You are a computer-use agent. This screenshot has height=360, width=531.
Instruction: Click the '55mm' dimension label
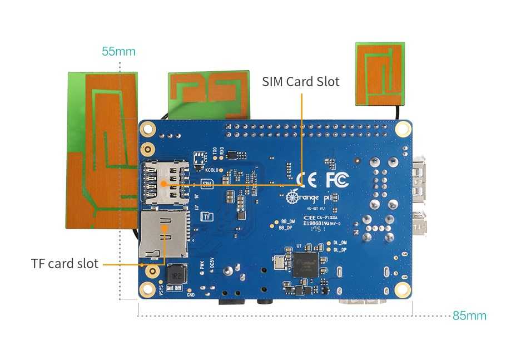(118, 52)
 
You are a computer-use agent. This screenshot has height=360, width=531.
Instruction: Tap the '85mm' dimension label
(469, 316)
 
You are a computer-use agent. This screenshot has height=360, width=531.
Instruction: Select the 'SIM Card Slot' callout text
(301, 82)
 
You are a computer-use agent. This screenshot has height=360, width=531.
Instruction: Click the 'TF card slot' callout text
(64, 263)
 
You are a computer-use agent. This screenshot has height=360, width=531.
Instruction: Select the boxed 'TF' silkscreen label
(206, 216)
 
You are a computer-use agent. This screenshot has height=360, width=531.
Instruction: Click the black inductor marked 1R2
(175, 274)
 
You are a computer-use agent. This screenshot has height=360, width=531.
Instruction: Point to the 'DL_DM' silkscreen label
(340, 243)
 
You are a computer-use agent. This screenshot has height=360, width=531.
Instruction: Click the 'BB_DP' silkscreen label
(285, 227)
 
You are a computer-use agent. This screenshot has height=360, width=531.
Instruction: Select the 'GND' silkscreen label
(190, 295)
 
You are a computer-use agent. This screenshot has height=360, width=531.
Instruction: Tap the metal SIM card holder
(165, 183)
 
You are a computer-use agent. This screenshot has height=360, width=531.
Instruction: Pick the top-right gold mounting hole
(403, 129)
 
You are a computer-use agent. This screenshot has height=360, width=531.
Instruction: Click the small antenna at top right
(380, 73)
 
